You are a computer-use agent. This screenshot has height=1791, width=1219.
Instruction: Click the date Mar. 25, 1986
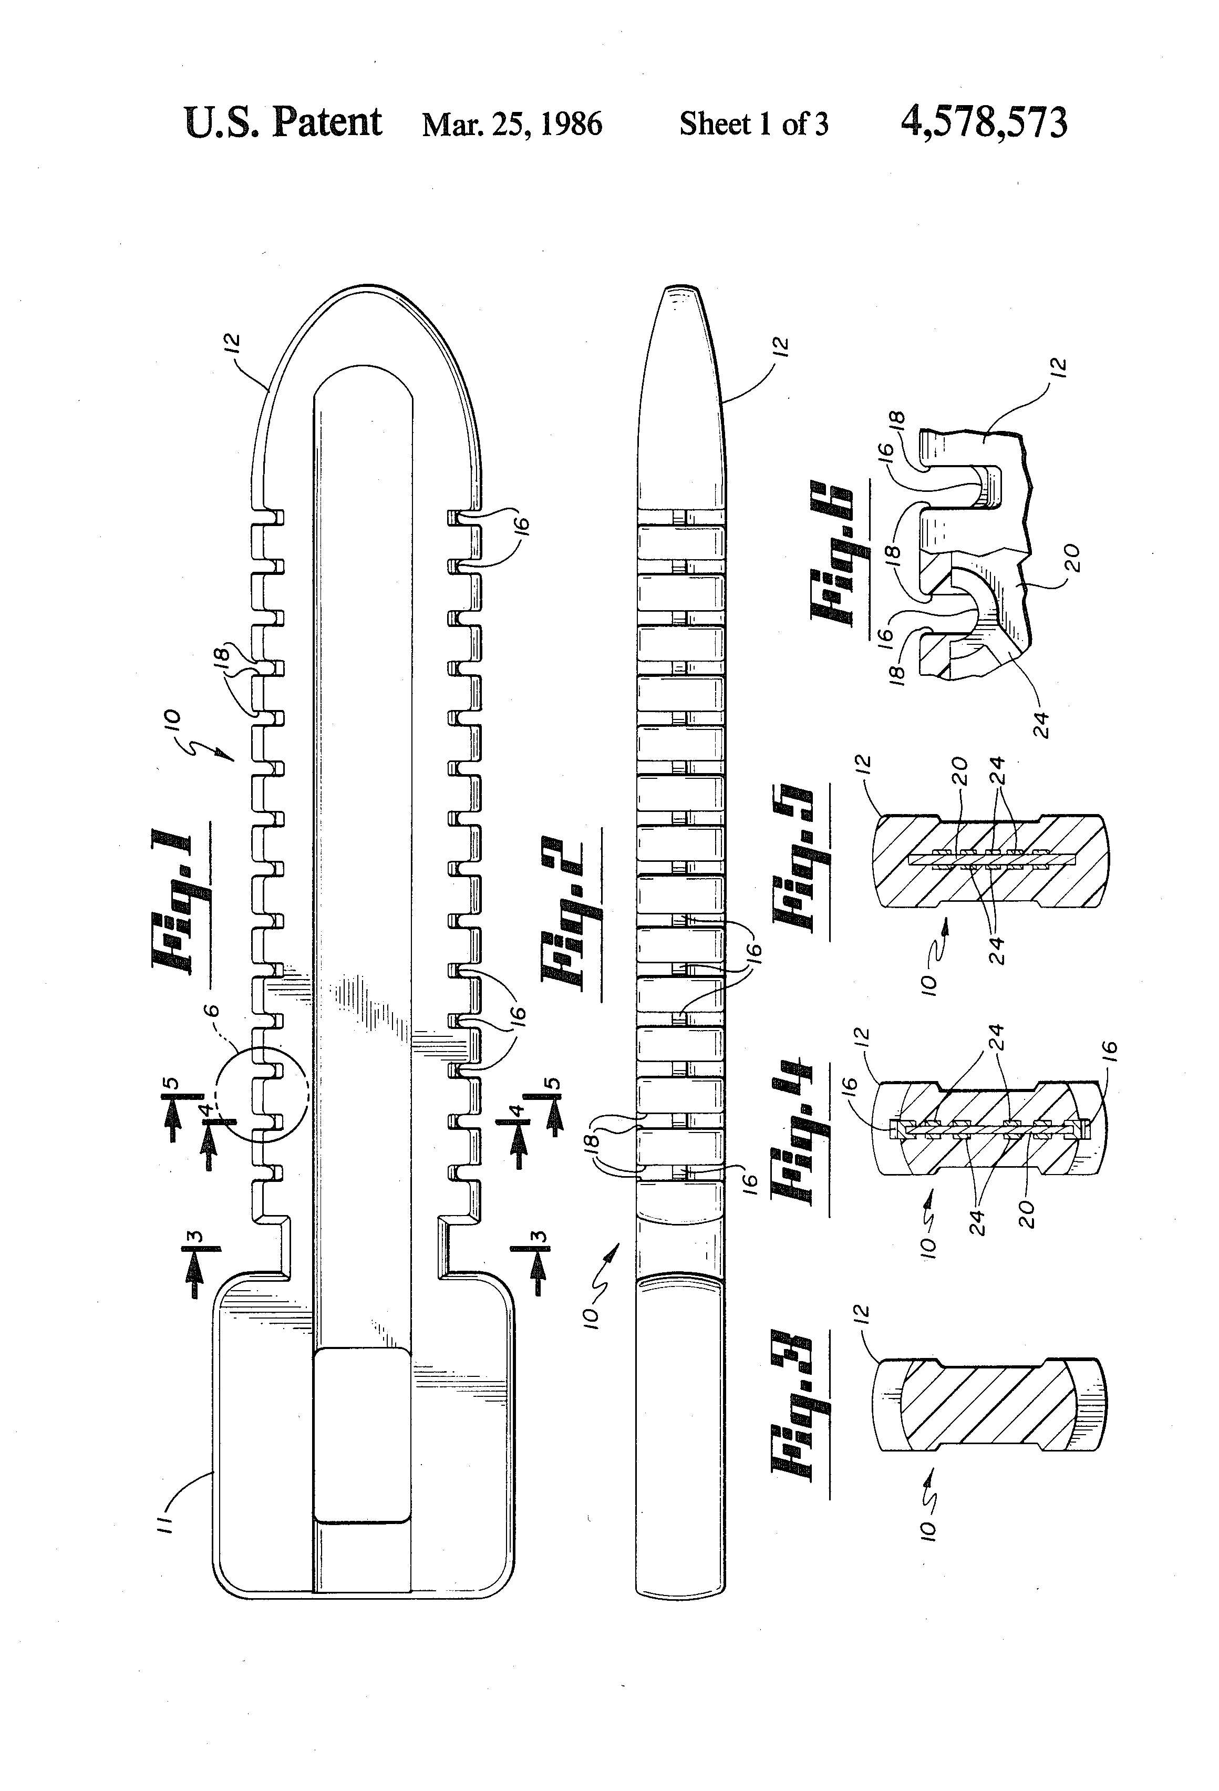coord(512,124)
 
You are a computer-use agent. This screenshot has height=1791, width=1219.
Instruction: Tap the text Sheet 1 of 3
coord(753,124)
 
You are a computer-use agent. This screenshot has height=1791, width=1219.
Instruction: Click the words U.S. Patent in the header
coord(282,122)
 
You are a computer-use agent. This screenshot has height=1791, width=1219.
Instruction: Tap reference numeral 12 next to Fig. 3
coord(862,1312)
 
